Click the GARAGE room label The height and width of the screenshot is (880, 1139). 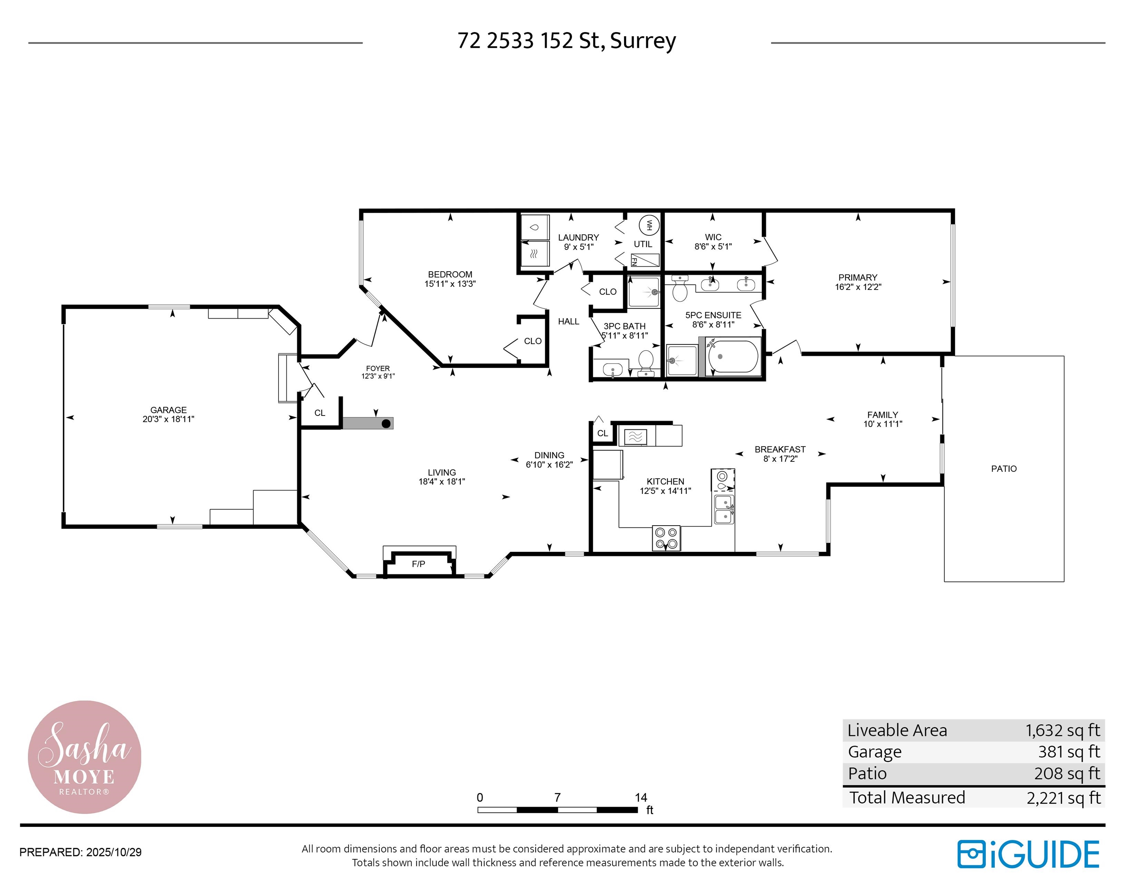(x=169, y=410)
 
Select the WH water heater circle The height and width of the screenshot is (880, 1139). (x=649, y=225)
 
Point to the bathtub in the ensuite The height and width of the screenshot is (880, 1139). (x=733, y=357)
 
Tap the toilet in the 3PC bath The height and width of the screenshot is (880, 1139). (x=646, y=362)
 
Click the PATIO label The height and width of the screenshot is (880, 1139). (x=1004, y=469)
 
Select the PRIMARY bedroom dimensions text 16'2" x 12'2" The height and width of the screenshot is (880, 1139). (x=858, y=287)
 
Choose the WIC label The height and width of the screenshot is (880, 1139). (x=713, y=237)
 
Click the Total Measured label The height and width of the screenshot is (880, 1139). (x=907, y=797)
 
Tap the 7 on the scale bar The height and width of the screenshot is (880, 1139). (x=557, y=797)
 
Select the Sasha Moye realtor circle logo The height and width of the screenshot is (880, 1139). (x=84, y=757)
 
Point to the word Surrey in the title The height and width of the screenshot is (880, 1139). (x=643, y=40)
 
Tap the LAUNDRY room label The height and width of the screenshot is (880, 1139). (x=578, y=238)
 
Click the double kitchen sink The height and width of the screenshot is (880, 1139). (x=724, y=510)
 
